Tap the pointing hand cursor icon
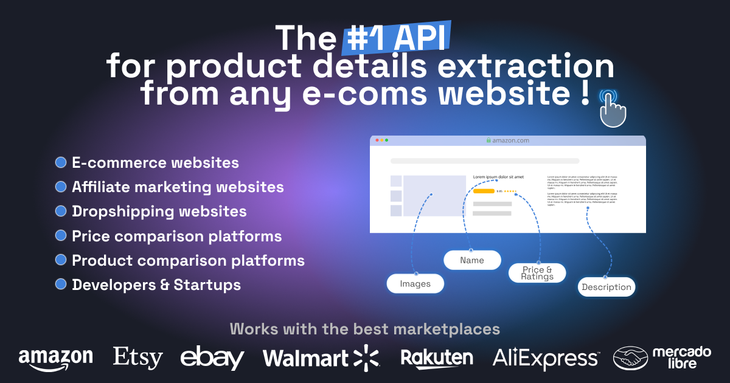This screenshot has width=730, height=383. (x=612, y=109)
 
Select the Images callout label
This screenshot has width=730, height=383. (x=415, y=283)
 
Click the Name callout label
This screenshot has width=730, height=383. (x=472, y=260)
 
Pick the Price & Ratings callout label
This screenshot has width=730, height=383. (x=537, y=273)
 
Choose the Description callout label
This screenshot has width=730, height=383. (x=606, y=287)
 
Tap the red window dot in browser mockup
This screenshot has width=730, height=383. (x=377, y=140)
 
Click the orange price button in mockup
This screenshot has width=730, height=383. (x=484, y=191)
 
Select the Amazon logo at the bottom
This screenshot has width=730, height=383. (x=55, y=357)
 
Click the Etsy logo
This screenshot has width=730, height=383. (x=138, y=357)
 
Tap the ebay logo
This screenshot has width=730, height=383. (x=212, y=357)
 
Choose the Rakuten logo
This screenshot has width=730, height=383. (x=437, y=357)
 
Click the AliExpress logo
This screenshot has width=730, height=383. (x=545, y=357)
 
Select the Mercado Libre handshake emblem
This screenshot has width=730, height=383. (x=630, y=358)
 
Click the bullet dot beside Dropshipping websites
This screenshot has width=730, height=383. (x=61, y=211)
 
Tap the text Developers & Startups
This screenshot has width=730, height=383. (x=156, y=285)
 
